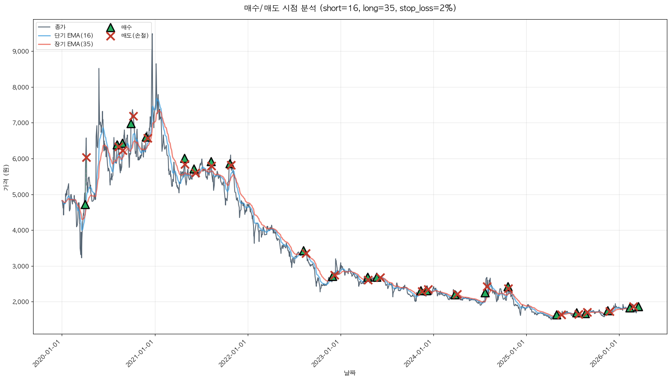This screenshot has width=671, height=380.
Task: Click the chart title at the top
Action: [350, 8]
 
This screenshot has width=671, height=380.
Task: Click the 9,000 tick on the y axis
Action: [20, 51]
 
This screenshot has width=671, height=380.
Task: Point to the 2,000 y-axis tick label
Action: [20, 302]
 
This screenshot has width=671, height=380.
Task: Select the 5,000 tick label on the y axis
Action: [20, 195]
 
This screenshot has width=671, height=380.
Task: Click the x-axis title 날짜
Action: [350, 373]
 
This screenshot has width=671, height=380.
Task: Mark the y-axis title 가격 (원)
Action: [6, 178]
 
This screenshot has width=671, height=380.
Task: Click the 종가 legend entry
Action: [60, 27]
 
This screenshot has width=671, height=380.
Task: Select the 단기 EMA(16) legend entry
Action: [74, 36]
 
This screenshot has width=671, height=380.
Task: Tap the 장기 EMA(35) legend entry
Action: [74, 44]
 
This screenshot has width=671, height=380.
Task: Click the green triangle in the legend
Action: [110, 28]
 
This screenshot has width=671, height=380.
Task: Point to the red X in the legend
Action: [110, 36]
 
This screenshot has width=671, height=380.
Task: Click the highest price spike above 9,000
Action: [152, 34]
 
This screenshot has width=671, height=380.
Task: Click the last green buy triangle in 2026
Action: [638, 307]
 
